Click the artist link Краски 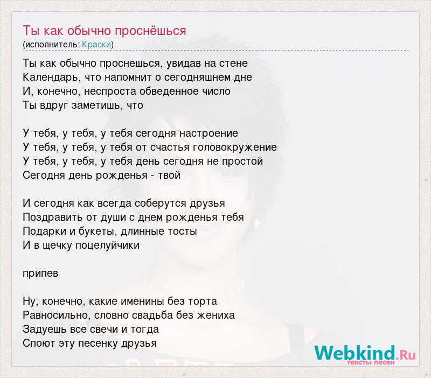click(x=96, y=45)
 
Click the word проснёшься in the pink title click(x=151, y=31)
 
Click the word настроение click(x=208, y=134)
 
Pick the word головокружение click(x=234, y=148)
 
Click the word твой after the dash click(x=169, y=175)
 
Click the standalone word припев click(x=40, y=274)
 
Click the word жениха click(x=216, y=316)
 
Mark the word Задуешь click(x=45, y=330)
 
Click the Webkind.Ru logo click(x=365, y=354)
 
